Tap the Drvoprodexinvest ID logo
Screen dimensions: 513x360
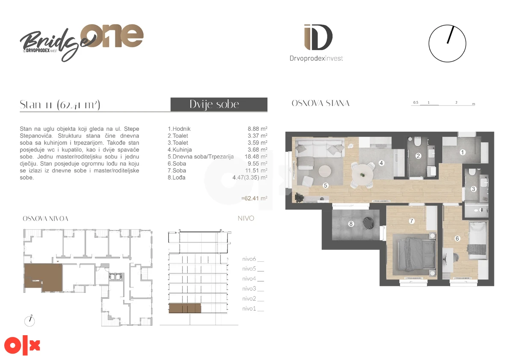point(316,43)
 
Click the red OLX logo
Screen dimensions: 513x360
point(22,345)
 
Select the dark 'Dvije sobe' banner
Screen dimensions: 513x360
point(219,104)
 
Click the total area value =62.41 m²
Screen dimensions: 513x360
point(254,198)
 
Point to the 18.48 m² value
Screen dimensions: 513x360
point(256,156)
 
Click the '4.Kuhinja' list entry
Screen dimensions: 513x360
point(180,150)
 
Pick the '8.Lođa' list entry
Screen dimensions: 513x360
point(176,177)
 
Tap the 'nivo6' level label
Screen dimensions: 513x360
point(249,259)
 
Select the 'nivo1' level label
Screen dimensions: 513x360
point(249,309)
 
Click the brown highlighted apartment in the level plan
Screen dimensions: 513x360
point(44,277)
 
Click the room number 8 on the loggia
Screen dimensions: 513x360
point(351,224)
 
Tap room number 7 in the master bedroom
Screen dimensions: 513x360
point(412,221)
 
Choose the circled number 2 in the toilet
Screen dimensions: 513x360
point(418,156)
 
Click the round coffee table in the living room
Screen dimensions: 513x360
point(324,171)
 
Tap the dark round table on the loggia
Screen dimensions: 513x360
point(368,223)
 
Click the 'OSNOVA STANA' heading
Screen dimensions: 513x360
point(320,103)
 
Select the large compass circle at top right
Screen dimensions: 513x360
point(447,44)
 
